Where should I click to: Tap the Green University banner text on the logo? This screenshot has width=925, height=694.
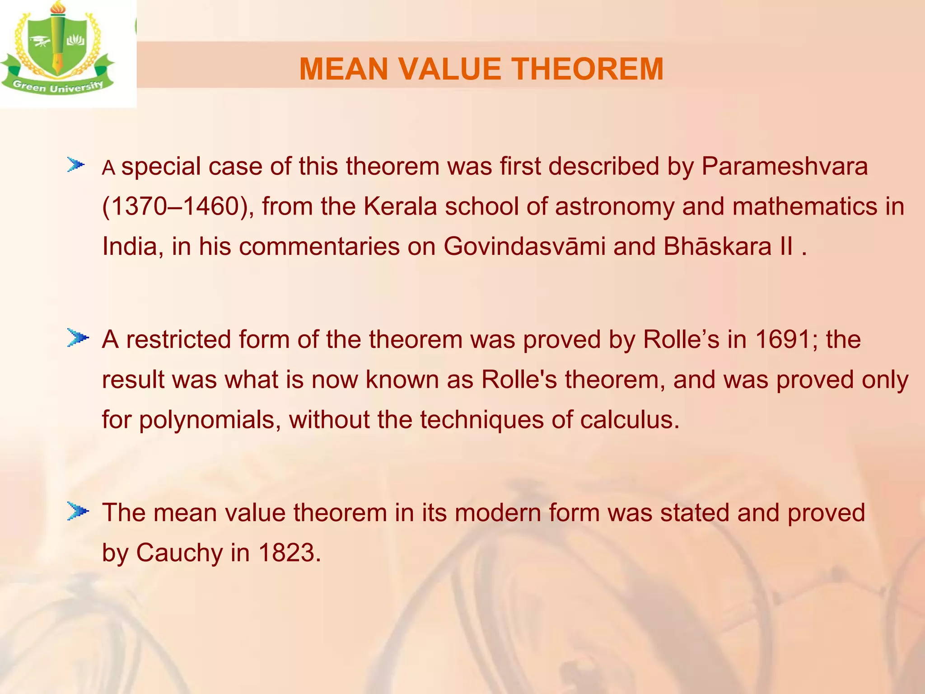point(58,86)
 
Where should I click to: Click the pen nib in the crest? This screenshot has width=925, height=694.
point(57,63)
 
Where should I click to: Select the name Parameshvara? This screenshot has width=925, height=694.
point(785,166)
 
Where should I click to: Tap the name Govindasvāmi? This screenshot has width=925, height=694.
point(524,247)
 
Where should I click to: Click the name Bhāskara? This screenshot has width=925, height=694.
point(718,247)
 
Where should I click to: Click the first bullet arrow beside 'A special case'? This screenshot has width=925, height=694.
point(76,165)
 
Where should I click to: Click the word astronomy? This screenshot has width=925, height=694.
point(614,207)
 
